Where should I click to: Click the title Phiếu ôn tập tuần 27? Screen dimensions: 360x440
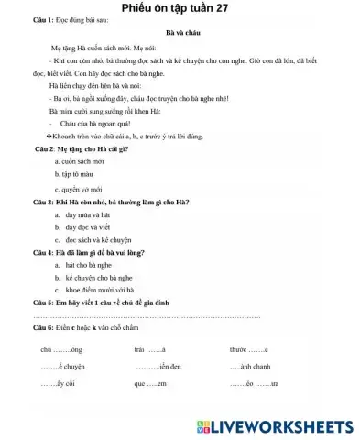[x=180, y=8]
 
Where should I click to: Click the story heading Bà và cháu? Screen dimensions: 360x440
[x=179, y=30]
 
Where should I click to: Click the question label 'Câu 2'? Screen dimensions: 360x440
[x=46, y=147]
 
